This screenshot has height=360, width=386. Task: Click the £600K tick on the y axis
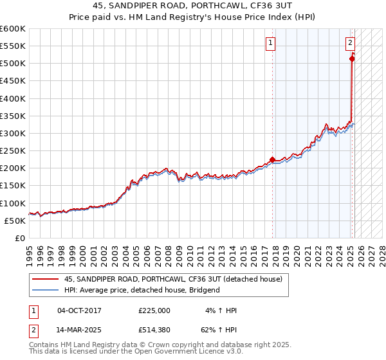click(13, 29)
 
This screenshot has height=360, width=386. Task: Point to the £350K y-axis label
click(13, 116)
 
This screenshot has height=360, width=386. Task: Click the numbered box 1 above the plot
click(270, 44)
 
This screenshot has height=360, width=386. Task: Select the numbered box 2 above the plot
click(350, 44)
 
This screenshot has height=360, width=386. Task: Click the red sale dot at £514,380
click(352, 59)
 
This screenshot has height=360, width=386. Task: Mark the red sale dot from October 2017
click(272, 159)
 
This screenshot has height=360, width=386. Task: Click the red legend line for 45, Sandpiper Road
click(46, 279)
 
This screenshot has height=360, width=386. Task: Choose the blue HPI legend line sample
click(46, 290)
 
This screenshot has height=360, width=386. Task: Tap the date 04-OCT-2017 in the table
click(79, 310)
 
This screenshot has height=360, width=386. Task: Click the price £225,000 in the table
click(154, 310)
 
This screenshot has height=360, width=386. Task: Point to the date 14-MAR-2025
click(79, 331)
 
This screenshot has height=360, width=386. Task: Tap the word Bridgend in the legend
click(204, 290)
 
